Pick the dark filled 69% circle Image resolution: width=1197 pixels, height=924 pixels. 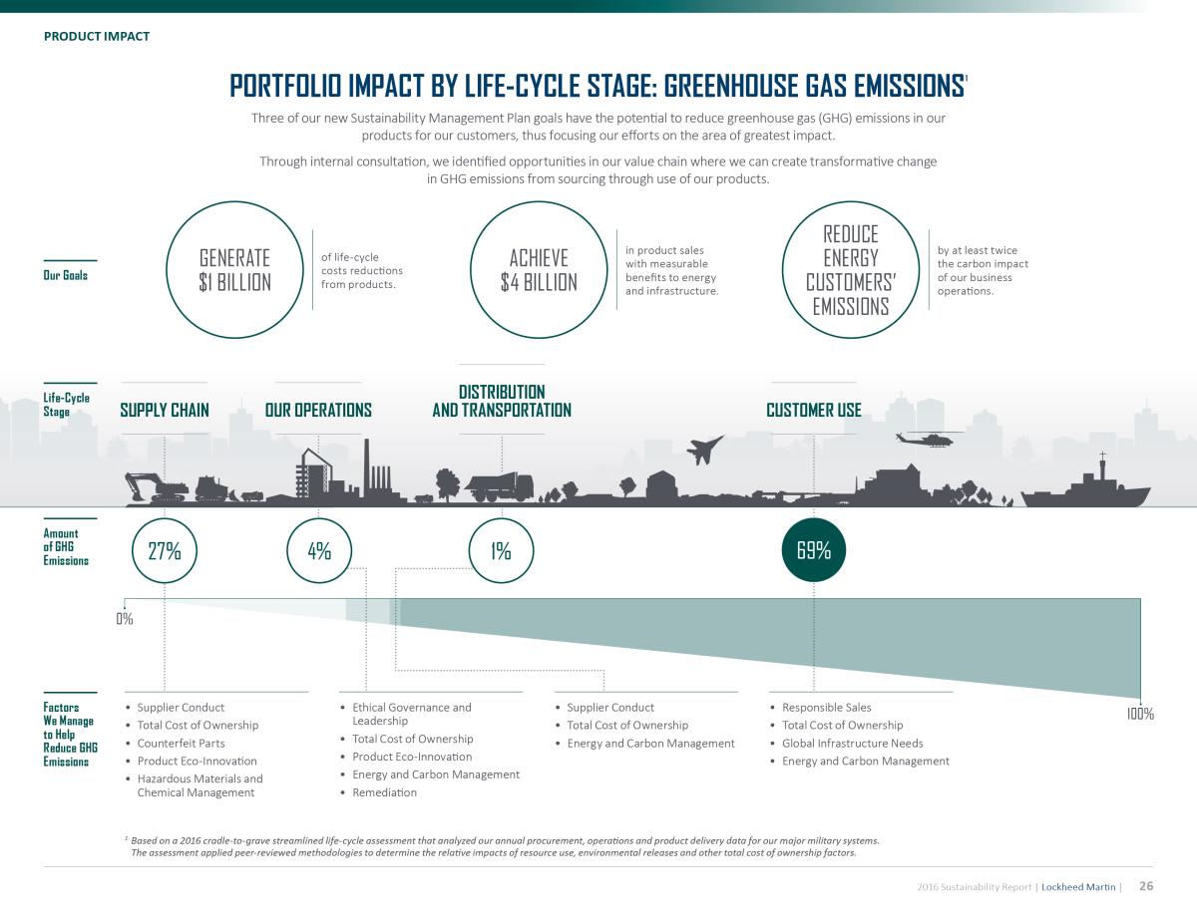814,550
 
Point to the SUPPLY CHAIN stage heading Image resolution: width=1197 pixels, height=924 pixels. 165,410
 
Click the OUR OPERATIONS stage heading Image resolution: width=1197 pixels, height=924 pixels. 318,410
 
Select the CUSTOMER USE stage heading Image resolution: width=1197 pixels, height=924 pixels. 814,410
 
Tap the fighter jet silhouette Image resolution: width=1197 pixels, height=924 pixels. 704,450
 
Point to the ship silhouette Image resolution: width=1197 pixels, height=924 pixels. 1085,487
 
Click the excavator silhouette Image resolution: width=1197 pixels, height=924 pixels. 157,488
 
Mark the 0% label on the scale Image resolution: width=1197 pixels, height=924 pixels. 125,619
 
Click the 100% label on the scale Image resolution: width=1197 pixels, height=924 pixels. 1140,714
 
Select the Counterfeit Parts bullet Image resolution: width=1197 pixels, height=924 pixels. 181,744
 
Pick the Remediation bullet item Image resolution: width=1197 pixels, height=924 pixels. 384,792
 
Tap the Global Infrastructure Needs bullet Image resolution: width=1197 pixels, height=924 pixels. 852,744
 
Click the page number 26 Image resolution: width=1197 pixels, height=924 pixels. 1146,886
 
